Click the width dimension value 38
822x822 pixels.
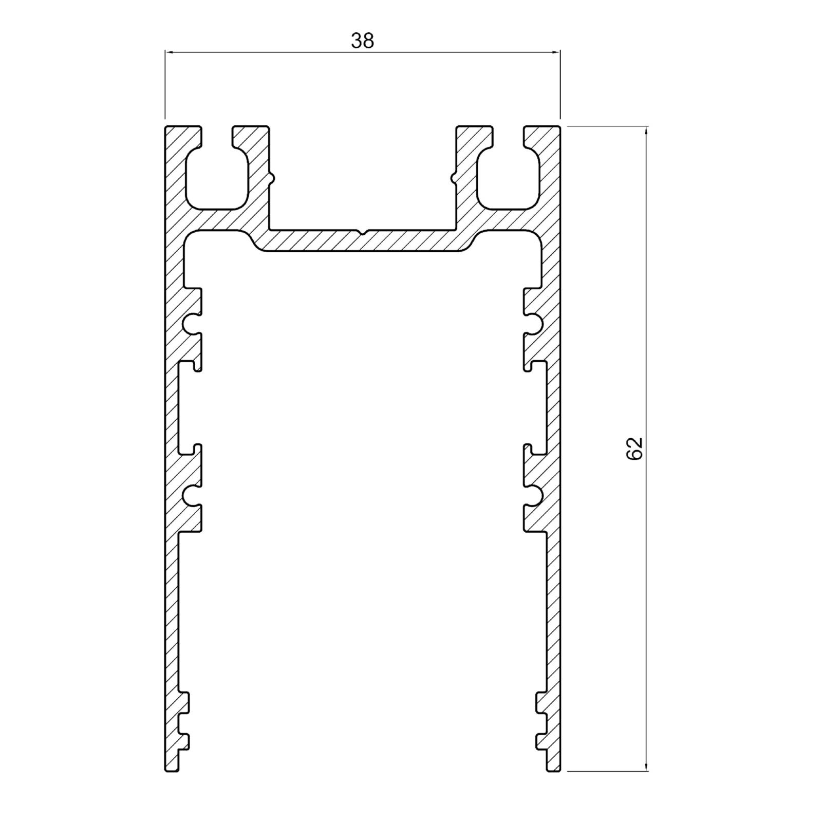(363, 41)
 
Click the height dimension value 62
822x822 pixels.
(635, 449)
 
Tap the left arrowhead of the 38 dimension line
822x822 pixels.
(170, 51)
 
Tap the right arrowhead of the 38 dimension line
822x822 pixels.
(555, 51)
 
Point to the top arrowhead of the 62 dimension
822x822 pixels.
(646, 131)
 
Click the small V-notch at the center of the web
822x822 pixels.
(363, 232)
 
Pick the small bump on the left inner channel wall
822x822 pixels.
(272, 178)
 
